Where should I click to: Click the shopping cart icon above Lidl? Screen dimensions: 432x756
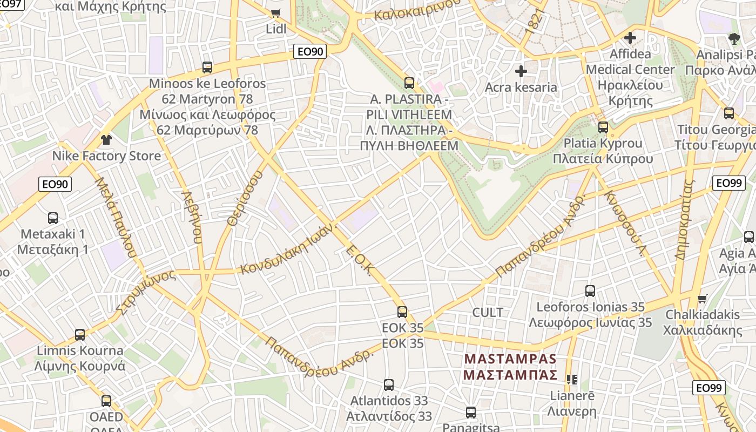pyautogui.click(x=276, y=13)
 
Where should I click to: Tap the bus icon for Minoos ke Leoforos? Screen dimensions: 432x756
pyautogui.click(x=207, y=67)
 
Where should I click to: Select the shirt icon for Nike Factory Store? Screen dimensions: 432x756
pyautogui.click(x=106, y=140)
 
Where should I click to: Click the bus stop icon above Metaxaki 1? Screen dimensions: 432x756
pyautogui.click(x=53, y=218)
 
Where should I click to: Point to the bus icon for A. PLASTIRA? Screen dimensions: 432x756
pyautogui.click(x=409, y=83)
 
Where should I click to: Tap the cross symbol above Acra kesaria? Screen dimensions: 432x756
pyautogui.click(x=521, y=71)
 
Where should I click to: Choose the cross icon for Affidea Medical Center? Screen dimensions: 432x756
pyautogui.click(x=630, y=38)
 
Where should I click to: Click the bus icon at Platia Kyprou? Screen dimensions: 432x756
pyautogui.click(x=603, y=127)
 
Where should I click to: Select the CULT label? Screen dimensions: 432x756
pyautogui.click(x=488, y=313)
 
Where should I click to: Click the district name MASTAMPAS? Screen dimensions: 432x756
pyautogui.click(x=510, y=359)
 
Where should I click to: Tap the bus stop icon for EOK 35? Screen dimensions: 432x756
pyautogui.click(x=402, y=312)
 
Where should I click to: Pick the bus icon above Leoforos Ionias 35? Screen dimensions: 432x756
pyautogui.click(x=590, y=291)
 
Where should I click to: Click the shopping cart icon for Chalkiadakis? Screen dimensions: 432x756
pyautogui.click(x=702, y=299)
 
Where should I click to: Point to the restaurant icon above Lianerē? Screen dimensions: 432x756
pyautogui.click(x=572, y=380)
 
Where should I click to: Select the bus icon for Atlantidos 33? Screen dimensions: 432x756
pyautogui.click(x=389, y=385)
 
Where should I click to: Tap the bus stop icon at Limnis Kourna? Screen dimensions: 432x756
pyautogui.click(x=80, y=335)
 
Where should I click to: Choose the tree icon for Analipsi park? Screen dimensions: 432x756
pyautogui.click(x=734, y=38)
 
